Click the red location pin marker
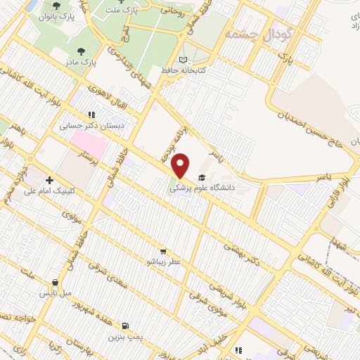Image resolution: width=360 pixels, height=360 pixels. point(181,165)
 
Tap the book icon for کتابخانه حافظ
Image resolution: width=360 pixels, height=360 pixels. point(184,61)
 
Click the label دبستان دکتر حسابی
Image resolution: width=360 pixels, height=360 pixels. point(100,125)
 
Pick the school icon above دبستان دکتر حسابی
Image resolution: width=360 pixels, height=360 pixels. point(91,115)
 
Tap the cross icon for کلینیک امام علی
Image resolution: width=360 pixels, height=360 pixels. point(49,181)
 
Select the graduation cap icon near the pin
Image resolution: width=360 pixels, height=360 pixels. point(202,177)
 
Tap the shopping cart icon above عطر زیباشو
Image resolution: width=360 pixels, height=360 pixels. point(163,251)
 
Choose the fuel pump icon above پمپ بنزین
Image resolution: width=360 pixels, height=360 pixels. point(125,326)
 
